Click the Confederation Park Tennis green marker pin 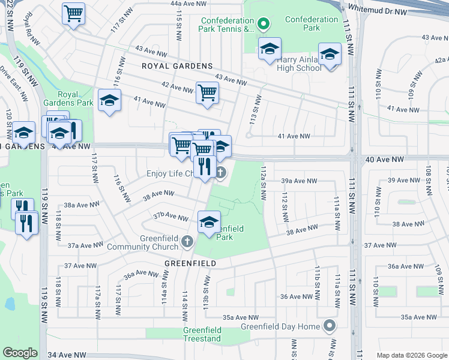[262, 25]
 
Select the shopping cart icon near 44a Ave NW [73, 13]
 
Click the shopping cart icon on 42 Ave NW [207, 93]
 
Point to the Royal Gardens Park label [76, 98]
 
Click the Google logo [20, 353]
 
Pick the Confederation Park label [312, 23]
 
